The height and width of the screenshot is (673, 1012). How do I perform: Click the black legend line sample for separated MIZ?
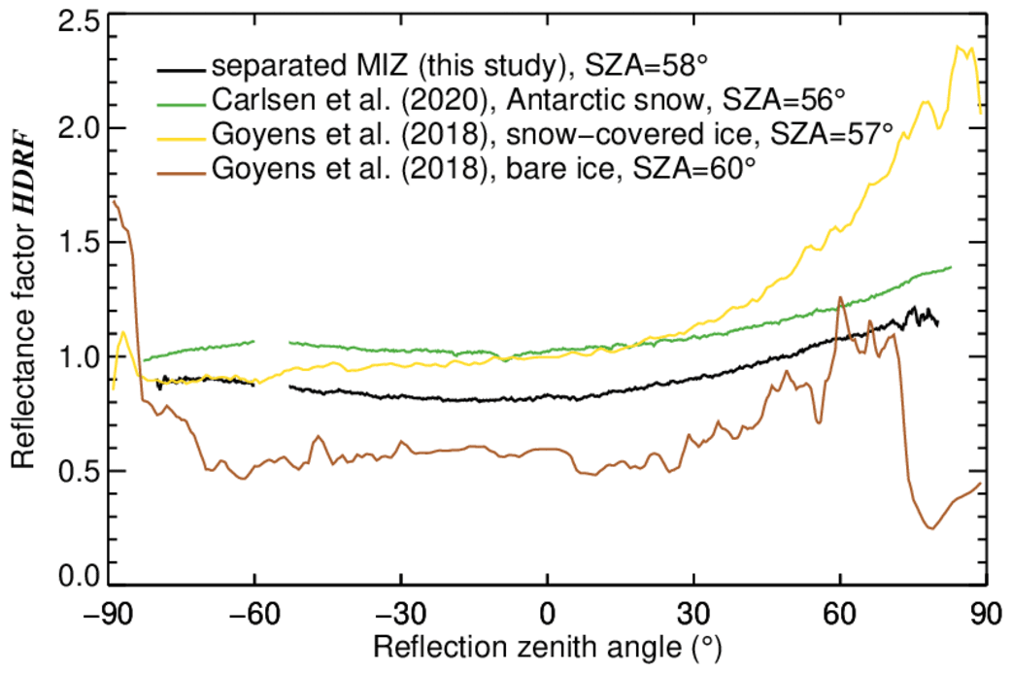coord(182,70)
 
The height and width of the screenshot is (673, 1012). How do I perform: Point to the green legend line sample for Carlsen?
coord(182,100)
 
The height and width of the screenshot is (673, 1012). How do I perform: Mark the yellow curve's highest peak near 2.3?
coord(960,46)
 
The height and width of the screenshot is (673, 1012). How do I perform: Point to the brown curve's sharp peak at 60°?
coord(839,298)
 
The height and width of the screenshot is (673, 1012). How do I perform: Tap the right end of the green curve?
coord(950,267)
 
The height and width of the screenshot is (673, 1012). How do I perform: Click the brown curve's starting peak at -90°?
coord(115,201)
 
